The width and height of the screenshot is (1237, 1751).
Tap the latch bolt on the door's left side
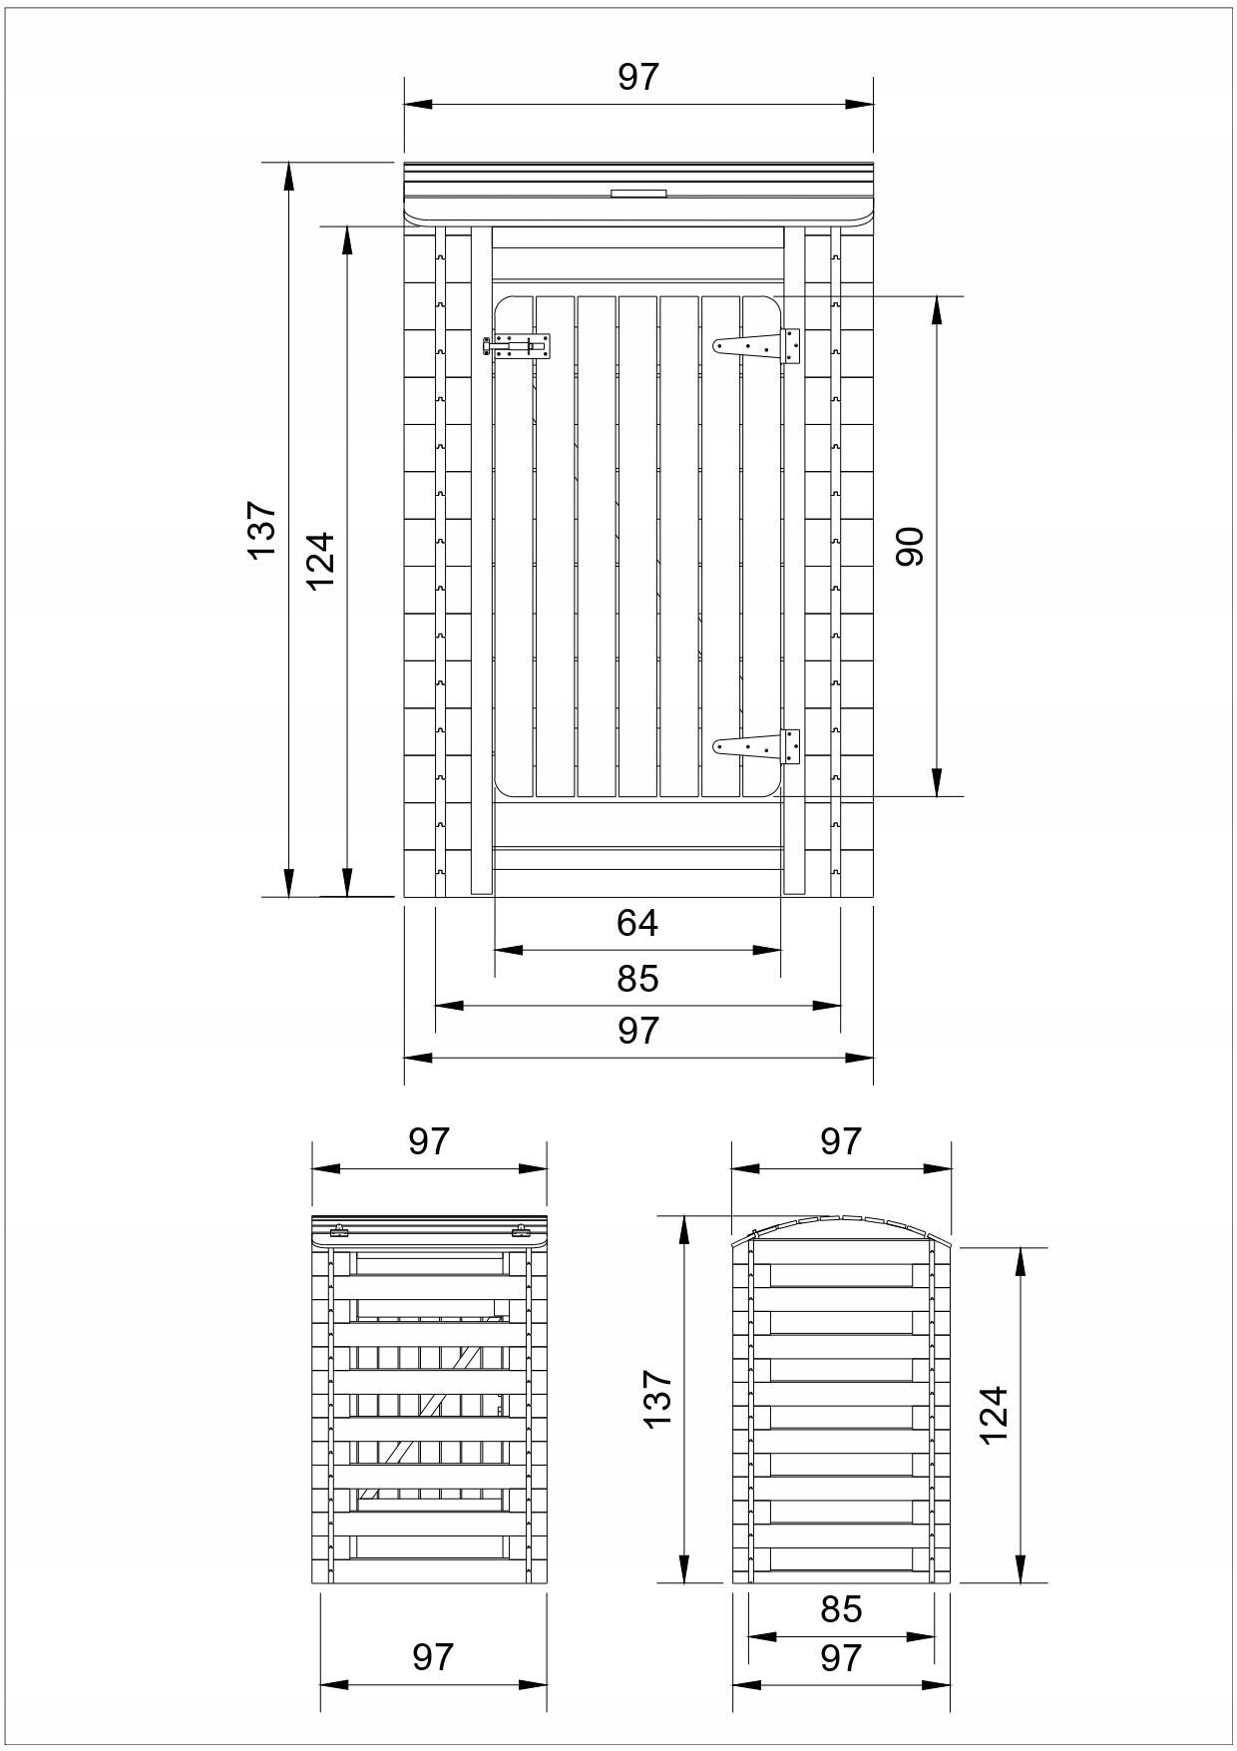522,346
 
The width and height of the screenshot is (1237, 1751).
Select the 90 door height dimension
910,547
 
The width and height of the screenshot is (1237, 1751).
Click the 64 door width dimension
637,923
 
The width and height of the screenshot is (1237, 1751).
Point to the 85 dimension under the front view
637,979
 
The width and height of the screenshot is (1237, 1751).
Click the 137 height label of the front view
261,529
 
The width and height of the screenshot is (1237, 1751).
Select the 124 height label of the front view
320,561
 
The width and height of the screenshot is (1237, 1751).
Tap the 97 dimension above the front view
638,77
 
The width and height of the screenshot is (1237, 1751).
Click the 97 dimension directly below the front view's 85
637,1030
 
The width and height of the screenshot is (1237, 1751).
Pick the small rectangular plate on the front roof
638,196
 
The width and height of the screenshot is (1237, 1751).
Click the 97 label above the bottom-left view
429,1141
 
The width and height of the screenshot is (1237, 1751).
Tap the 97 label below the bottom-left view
433,1657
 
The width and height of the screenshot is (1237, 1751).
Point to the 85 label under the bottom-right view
841,1608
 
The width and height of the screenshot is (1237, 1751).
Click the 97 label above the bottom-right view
841,1141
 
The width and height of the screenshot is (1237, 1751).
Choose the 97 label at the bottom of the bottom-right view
841,1657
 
